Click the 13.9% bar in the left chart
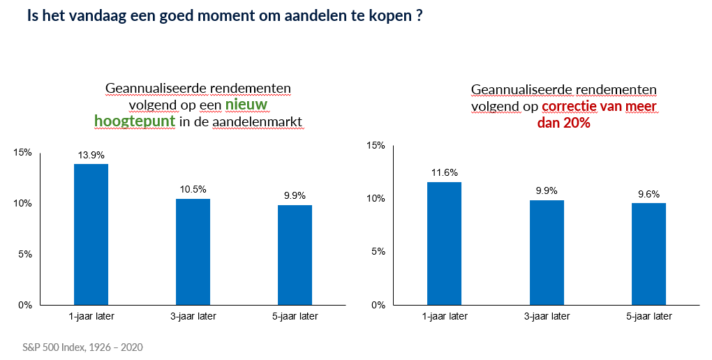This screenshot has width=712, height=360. coord(91,234)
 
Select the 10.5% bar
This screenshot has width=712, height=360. coord(193,252)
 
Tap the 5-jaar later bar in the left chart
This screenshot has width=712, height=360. coord(295,255)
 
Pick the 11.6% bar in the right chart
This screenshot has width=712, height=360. coord(444,243)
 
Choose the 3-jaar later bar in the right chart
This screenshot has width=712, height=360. coord(547,253)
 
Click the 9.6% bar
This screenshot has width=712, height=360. coord(649,254)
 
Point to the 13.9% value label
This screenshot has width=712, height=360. coord(91,155)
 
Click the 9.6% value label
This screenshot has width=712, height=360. coord(649,194)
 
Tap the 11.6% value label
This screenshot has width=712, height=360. coord(445,172)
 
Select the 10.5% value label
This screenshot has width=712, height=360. coord(193,189)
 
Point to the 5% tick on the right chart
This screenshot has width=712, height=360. coord(378,251)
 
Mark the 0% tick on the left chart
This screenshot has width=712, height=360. coord(25,305)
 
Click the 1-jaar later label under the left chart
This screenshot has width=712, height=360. coord(91,317)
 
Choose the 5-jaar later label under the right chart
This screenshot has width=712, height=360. coord(649,317)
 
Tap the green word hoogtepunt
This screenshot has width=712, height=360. coord(135,121)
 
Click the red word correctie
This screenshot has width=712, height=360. coord(570,106)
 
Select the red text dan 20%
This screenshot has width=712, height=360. coord(563,122)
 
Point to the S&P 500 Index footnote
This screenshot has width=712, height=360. coord(82,347)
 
